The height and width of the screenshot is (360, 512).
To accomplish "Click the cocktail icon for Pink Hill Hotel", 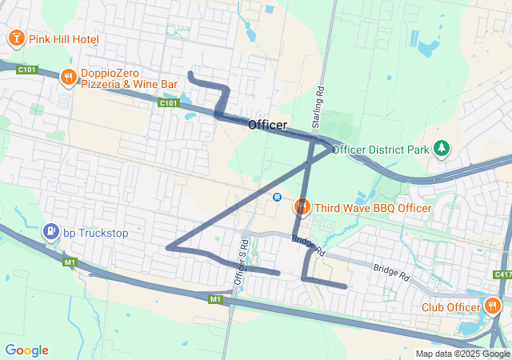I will coord(15,38).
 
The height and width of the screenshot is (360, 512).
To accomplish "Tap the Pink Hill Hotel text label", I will coord(63,39).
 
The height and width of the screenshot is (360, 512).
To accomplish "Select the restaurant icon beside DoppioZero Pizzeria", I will coord(69,77).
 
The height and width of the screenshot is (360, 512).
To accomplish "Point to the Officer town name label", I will coord(267,126).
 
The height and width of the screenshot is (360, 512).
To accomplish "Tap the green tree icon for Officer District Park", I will coord(440,149).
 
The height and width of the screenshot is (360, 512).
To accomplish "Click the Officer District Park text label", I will coord(381,150).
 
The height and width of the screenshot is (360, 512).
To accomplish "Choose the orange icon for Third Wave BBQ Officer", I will coord(302,207).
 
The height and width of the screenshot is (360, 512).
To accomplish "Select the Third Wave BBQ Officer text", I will coord(373,208).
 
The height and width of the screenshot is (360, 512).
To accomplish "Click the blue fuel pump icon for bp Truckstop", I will coord(51,233).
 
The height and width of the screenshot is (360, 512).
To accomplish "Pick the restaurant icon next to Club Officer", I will coord(492,306).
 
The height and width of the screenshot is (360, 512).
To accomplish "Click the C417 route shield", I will coord(502,274).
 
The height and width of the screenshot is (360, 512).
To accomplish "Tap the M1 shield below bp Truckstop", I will coord(70,262).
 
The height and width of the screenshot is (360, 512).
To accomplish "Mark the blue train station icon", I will coord(277,197).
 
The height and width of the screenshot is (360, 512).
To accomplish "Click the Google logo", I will coord(26,350).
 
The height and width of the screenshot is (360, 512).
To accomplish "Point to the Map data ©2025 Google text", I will coord(462,354).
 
